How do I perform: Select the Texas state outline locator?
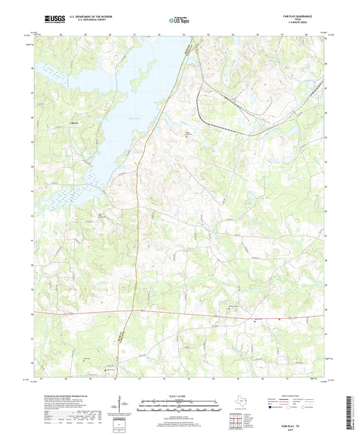(x=242, y=403)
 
